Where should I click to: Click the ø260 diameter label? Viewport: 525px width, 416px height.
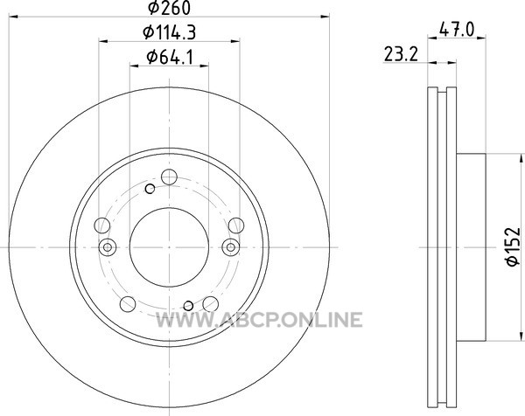pyautogui.click(x=169, y=8)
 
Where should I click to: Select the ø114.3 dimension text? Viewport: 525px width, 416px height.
pyautogui.click(x=169, y=32)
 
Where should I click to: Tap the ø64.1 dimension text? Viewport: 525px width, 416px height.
pyautogui.click(x=170, y=57)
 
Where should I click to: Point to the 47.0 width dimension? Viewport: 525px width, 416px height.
pyautogui.click(x=457, y=30)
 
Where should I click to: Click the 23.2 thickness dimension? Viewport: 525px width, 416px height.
pyautogui.click(x=401, y=54)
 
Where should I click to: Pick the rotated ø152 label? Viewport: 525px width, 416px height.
pyautogui.click(x=514, y=246)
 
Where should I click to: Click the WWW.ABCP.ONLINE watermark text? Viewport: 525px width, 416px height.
pyautogui.click(x=259, y=319)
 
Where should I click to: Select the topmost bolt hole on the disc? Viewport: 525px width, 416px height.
pyautogui.click(x=169, y=177)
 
